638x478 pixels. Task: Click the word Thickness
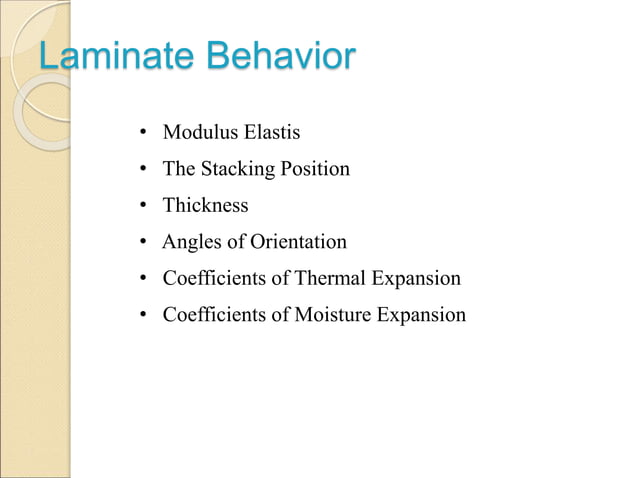pyautogui.click(x=205, y=206)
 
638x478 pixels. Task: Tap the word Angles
pyautogui.click(x=190, y=242)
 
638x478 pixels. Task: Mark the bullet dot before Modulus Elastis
pyautogui.click(x=144, y=133)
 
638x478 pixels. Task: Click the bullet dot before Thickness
pyautogui.click(x=144, y=206)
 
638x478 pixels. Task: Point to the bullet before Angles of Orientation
pyautogui.click(x=144, y=243)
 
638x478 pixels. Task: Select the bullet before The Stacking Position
pyautogui.click(x=144, y=170)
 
